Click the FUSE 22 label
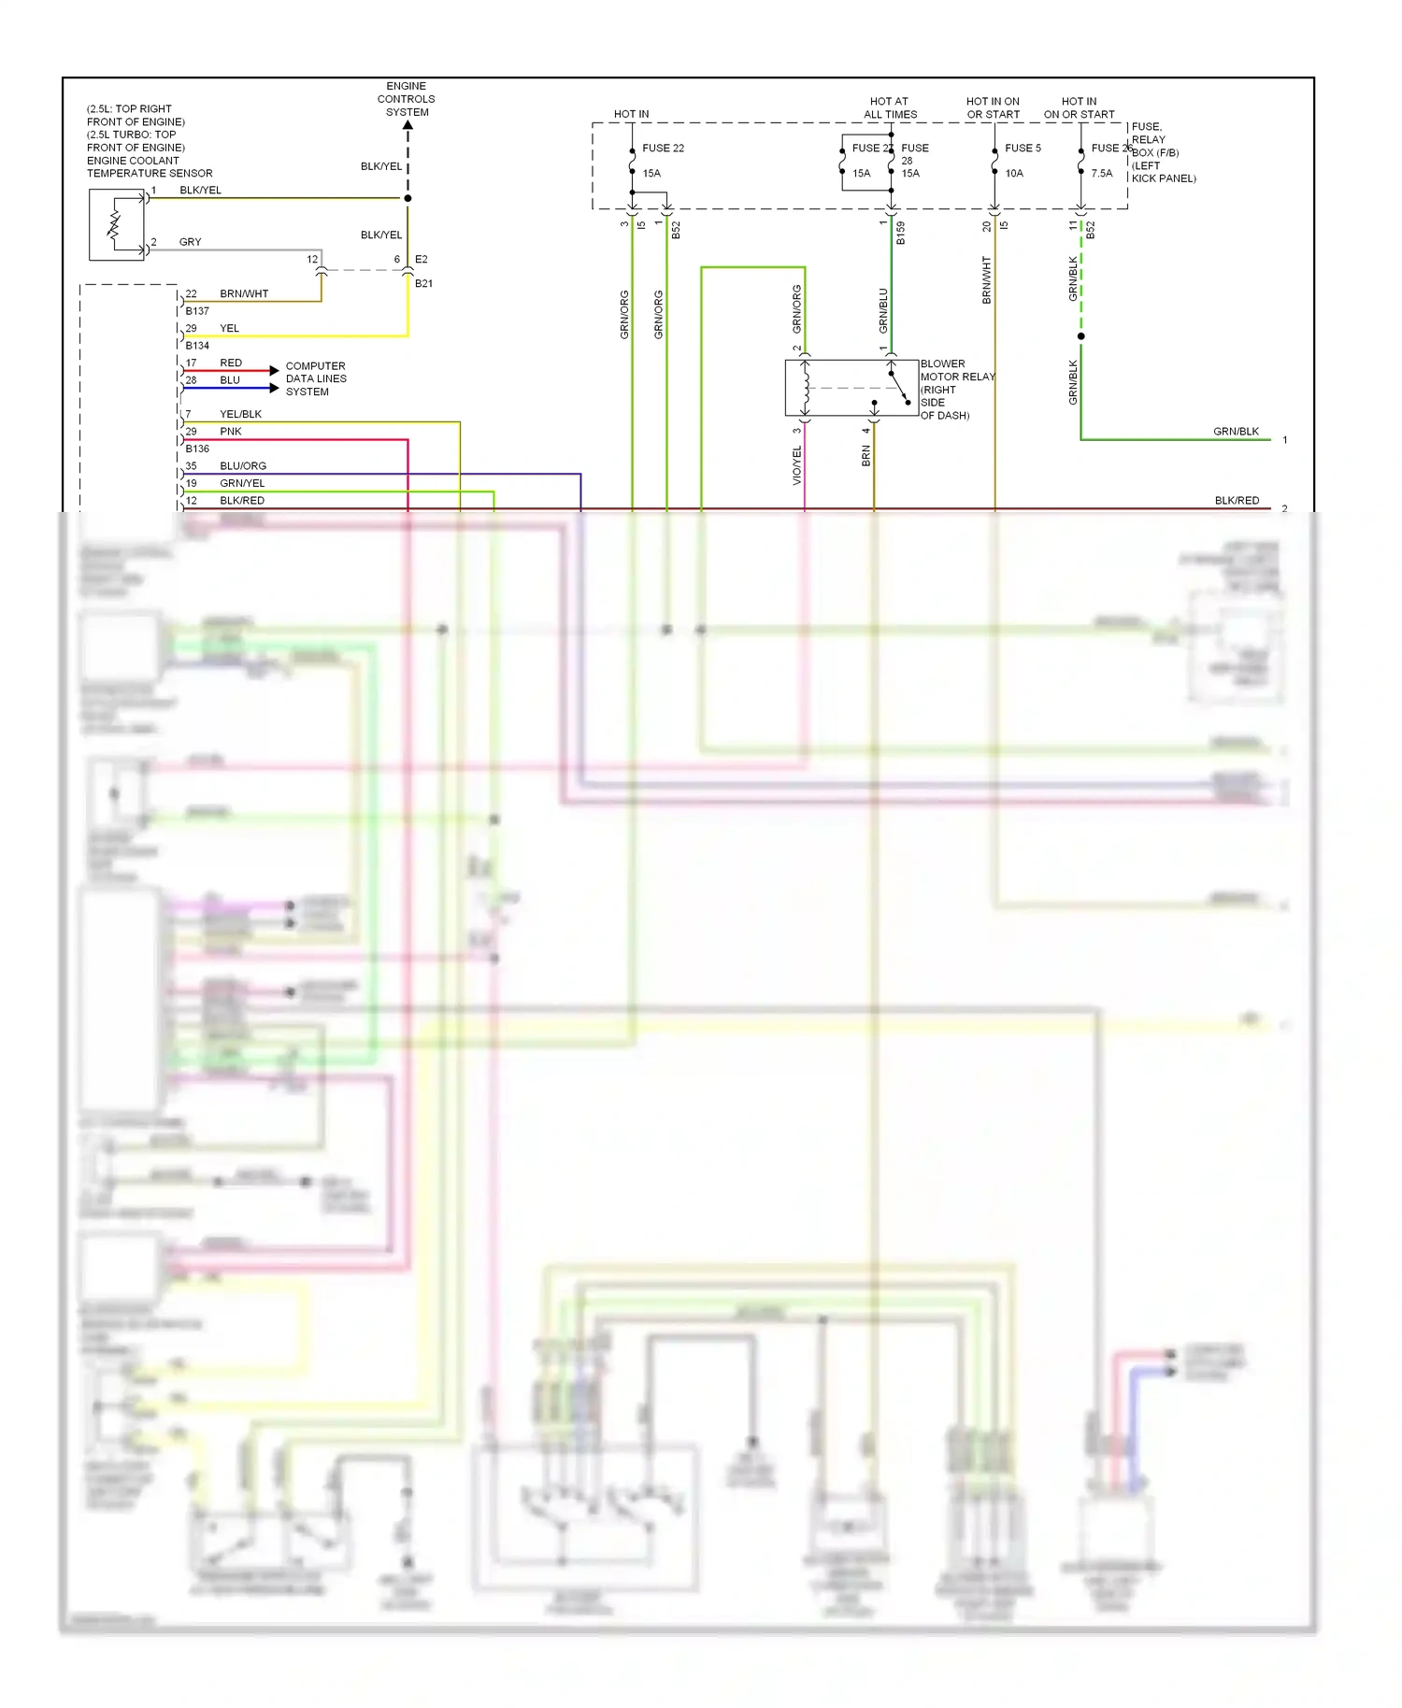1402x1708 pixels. pyautogui.click(x=663, y=148)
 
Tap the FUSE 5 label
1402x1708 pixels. pyautogui.click(x=1023, y=148)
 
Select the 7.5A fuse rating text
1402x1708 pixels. pyautogui.click(x=1101, y=173)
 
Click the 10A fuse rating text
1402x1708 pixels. pyautogui.click(x=1014, y=173)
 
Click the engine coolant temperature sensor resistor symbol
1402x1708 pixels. pyautogui.click(x=115, y=225)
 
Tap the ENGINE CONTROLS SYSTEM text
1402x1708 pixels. pyautogui.click(x=407, y=99)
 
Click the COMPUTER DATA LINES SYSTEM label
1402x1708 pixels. pyautogui.click(x=316, y=378)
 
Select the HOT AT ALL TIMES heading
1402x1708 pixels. pyautogui.click(x=890, y=107)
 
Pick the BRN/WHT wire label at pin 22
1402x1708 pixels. pyautogui.click(x=244, y=293)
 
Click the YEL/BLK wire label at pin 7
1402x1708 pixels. pyautogui.click(x=240, y=414)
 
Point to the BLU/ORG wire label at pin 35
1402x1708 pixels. pyautogui.click(x=243, y=465)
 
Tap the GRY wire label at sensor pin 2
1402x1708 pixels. pyautogui.click(x=190, y=242)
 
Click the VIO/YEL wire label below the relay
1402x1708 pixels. pyautogui.click(x=797, y=465)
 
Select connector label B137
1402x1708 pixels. pyautogui.click(x=197, y=310)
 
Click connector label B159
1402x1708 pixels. pyautogui.click(x=901, y=233)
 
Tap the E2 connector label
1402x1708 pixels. pyautogui.click(x=422, y=259)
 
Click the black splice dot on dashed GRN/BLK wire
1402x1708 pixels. pyautogui.click(x=1081, y=335)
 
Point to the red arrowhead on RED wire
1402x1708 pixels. pyautogui.click(x=274, y=371)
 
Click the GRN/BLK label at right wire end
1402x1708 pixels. pyautogui.click(x=1236, y=432)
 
